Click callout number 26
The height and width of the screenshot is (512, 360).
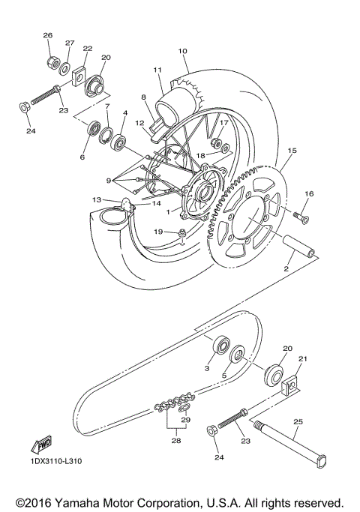(47, 35)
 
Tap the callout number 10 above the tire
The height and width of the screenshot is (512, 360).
(182, 51)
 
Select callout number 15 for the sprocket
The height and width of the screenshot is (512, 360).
(292, 151)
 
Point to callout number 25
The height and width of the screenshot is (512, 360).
(297, 422)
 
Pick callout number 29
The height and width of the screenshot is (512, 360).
(185, 420)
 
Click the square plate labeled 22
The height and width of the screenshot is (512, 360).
(76, 75)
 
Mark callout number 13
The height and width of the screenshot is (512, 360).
(96, 200)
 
